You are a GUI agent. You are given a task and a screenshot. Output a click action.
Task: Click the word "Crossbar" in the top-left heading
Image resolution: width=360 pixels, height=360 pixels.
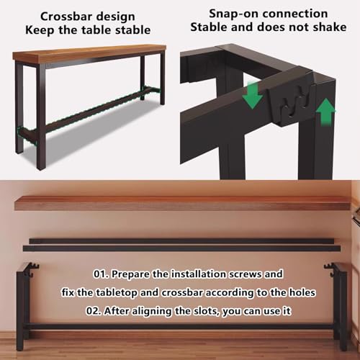coord(64,17)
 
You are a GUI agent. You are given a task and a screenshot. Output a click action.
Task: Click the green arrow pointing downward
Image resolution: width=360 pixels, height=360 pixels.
coord(253,94)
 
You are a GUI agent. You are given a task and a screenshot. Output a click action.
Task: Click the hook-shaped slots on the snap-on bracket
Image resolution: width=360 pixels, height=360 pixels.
coord(296,103)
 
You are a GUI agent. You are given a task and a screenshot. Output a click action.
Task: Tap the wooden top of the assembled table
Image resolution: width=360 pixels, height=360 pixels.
coord(89,53)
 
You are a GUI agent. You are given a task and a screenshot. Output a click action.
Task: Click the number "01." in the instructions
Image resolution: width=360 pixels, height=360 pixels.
coord(101,274)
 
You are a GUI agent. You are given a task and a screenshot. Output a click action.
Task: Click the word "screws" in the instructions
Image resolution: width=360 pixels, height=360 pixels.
coord(245,274)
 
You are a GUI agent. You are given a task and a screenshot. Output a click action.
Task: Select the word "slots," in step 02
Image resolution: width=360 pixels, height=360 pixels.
coord(206,311)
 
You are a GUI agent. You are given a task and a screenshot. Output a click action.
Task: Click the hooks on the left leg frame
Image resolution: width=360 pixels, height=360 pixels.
coord(32,269)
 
